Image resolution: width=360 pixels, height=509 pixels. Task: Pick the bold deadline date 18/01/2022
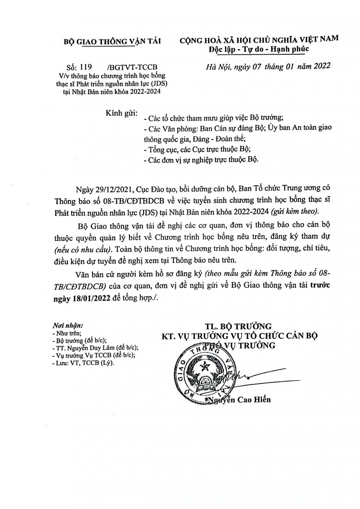tap(77, 298)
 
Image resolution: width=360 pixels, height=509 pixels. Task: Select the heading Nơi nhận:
tap(67, 326)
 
